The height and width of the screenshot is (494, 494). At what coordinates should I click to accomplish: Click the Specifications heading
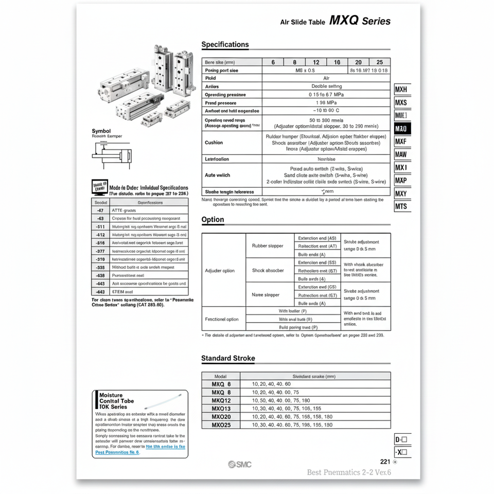pyautogui.click(x=225, y=45)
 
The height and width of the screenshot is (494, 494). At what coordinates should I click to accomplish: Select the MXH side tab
pyautogui.click(x=401, y=90)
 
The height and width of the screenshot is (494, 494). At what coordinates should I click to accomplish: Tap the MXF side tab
pyautogui.click(x=401, y=142)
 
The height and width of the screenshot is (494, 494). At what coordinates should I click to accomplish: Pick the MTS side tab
pyautogui.click(x=401, y=206)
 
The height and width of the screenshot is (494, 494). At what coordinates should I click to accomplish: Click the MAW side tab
pyautogui.click(x=401, y=154)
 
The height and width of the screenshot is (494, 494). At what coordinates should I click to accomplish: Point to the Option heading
pyautogui.click(x=213, y=220)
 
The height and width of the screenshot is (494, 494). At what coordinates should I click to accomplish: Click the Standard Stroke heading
pyautogui.click(x=228, y=358)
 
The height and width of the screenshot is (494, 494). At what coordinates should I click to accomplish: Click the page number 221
pyautogui.click(x=385, y=462)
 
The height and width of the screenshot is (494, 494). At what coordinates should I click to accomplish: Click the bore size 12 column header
pyautogui.click(x=316, y=62)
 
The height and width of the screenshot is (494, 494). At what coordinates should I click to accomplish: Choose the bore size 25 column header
pyautogui.click(x=379, y=62)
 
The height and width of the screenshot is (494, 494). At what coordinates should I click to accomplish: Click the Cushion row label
pyautogui.click(x=214, y=143)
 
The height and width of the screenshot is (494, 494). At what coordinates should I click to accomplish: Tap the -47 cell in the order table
pyautogui.click(x=100, y=210)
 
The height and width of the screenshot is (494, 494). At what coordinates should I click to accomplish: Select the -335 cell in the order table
pyautogui.click(x=100, y=267)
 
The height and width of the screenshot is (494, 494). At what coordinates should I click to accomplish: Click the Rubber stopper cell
pyautogui.click(x=268, y=246)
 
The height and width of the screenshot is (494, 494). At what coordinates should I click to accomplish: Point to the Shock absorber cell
pyautogui.click(x=268, y=271)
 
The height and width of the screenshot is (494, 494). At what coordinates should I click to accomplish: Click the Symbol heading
pyautogui.click(x=101, y=131)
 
